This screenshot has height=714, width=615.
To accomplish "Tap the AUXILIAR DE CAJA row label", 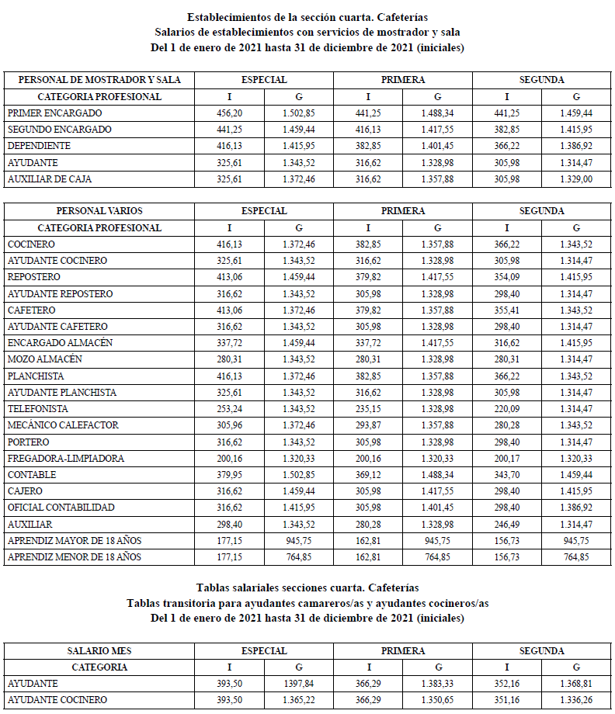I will (50, 179).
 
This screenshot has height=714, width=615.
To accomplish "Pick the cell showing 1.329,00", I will (576, 179).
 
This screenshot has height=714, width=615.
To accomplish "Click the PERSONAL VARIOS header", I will (99, 211).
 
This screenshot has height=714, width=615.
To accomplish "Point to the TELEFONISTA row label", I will (38, 409).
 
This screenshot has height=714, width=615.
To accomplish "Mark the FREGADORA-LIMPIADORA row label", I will (66, 459).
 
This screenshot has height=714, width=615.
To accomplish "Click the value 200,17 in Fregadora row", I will (507, 459).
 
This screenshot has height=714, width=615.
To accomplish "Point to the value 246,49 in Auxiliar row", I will (507, 525).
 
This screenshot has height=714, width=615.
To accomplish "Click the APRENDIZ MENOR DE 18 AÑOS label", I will (75, 557).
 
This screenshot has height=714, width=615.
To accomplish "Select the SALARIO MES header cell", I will (99, 650).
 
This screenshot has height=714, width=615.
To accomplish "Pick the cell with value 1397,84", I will (299, 684).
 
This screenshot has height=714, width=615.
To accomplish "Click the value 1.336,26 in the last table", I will (576, 700).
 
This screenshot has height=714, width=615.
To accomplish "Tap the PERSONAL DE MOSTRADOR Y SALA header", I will (99, 80).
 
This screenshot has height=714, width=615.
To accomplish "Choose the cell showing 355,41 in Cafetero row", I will (507, 310).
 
